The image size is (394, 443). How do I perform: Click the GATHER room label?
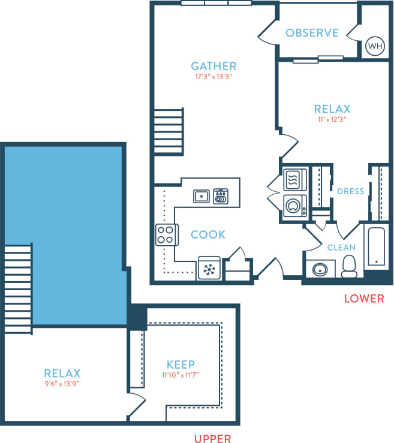(213, 66)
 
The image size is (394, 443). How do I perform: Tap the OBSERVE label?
(312, 33)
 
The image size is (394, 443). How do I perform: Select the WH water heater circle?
(374, 46)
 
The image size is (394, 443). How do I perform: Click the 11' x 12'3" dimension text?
(332, 119)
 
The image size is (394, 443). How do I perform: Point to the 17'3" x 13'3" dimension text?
(213, 77)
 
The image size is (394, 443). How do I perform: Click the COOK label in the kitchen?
(208, 234)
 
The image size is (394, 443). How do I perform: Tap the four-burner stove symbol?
(166, 235)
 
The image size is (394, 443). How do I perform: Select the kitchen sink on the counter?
(201, 195)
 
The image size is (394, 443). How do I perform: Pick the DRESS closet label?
(351, 191)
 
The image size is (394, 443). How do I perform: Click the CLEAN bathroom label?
(341, 247)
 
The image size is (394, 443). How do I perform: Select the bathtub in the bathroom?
(376, 247)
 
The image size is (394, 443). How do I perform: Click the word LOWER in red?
(363, 298)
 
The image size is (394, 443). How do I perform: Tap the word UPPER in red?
(212, 439)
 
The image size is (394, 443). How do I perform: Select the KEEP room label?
(181, 364)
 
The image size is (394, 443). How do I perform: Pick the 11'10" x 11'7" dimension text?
(181, 375)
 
